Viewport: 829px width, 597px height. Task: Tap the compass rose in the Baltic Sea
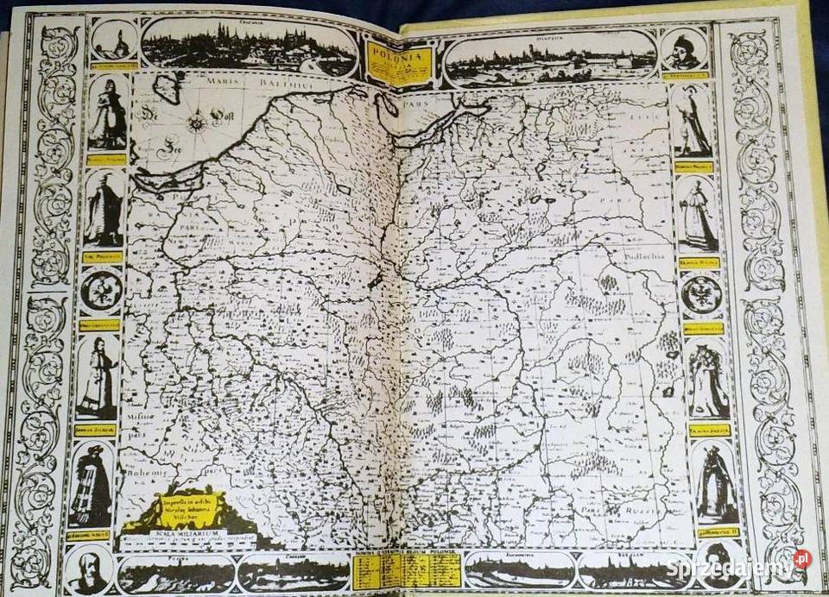(x=198, y=120)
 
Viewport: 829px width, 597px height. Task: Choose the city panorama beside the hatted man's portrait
(x=551, y=56)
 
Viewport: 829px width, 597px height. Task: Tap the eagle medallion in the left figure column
(x=102, y=291)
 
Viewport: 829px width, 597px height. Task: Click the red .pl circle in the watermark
(x=802, y=559)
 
